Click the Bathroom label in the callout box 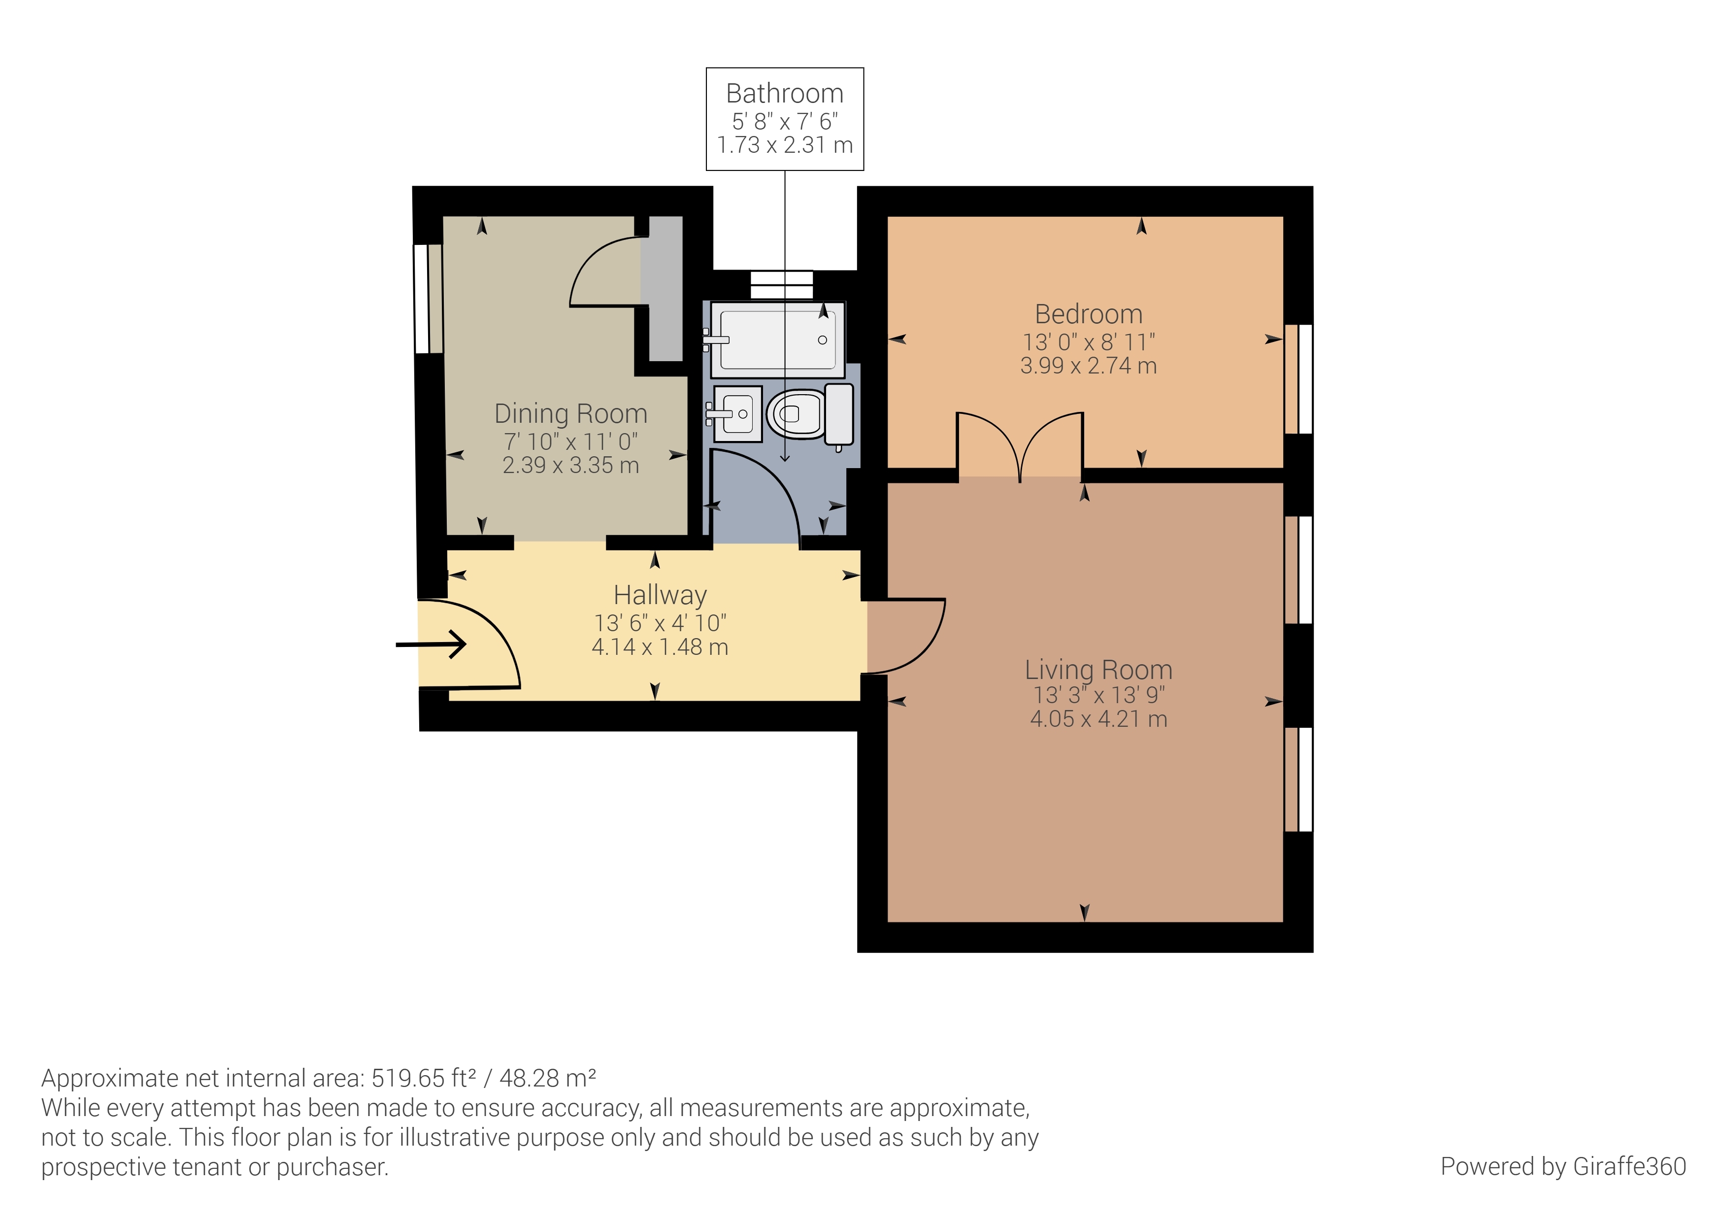coord(784,93)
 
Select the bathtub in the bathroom coord(777,339)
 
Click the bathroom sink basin coord(737,413)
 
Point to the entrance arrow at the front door coord(431,645)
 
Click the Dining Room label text coord(570,413)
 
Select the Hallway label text coord(660,595)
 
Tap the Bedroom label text coord(1088,314)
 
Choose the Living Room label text coord(1098,669)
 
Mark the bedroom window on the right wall coord(1298,379)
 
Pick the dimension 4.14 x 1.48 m coord(660,647)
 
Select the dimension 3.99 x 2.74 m coord(1088,366)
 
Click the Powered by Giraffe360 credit coord(1563,1166)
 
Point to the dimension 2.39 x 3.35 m coord(570,465)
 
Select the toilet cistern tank coord(839,414)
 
